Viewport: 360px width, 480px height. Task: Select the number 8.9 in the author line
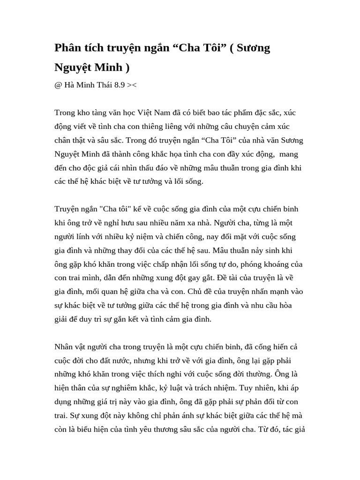(x=120, y=85)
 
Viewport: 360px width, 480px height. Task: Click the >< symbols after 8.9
(x=132, y=85)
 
